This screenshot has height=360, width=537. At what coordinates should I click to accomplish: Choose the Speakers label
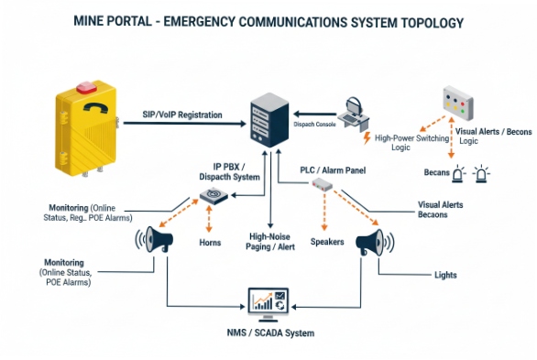[326, 243]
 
